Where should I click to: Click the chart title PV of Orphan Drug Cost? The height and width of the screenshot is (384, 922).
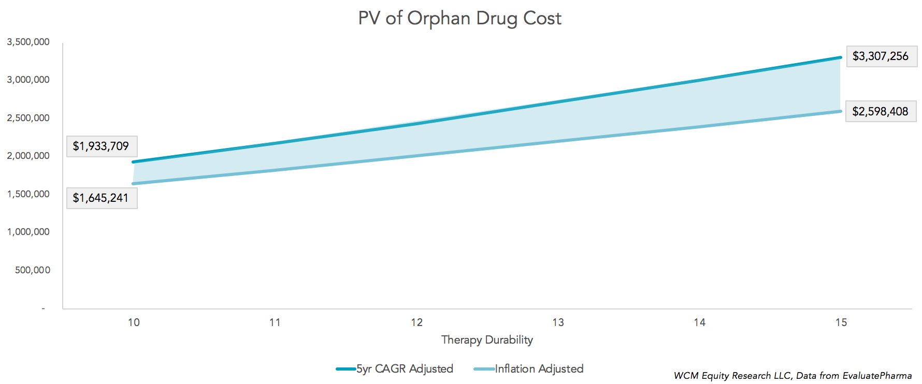coord(459,19)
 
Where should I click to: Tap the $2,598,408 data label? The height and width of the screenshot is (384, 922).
coord(880,111)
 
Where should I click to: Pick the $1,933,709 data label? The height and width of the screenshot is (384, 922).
coord(101,146)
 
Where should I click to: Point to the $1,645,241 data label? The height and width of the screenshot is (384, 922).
coord(101,198)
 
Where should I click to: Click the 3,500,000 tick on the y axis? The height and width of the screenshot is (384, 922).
coord(28,42)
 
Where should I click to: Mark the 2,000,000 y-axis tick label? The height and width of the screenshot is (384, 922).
coord(28,156)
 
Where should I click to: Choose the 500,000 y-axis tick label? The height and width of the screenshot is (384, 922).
coord(33,270)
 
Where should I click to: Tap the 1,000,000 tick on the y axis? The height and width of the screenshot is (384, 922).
coord(28,232)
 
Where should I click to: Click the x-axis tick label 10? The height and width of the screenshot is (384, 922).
coord(134,322)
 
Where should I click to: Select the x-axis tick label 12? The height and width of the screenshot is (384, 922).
coord(416,322)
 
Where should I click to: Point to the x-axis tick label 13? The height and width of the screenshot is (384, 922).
coord(558,322)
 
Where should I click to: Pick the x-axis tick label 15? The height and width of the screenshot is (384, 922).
coord(841,322)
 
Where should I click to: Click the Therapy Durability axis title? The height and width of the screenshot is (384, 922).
coord(487,340)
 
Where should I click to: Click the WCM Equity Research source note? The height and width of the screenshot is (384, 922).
coord(793,376)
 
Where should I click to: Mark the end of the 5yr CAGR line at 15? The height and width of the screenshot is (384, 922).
coord(840,57)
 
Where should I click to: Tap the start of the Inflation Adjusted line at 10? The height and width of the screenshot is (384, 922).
coord(134,184)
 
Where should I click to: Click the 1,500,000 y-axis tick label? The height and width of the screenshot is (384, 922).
coord(28,194)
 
